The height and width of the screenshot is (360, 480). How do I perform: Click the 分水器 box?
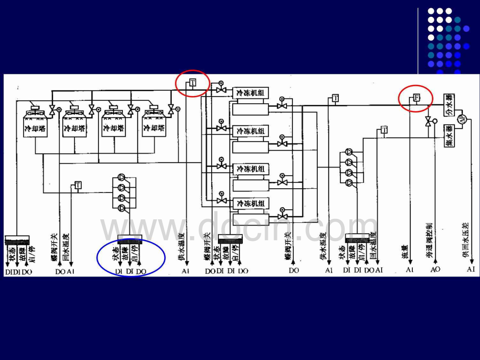pos(449,104)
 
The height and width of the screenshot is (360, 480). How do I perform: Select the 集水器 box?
pos(449,136)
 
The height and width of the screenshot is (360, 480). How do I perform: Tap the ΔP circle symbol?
pos(463,120)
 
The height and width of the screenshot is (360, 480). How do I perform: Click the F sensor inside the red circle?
pos(417,98)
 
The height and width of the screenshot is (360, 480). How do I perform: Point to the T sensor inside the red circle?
pos(192,83)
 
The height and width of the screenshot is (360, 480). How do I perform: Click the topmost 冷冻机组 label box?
pos(251,93)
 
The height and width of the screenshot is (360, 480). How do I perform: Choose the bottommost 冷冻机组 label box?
pos(251,204)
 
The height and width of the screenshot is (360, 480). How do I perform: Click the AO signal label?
pos(435,270)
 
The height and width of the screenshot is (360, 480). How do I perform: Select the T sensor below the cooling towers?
pos(78,185)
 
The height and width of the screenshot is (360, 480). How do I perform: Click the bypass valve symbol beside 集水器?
pos(428,121)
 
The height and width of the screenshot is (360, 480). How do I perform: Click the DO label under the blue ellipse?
pos(141,271)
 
